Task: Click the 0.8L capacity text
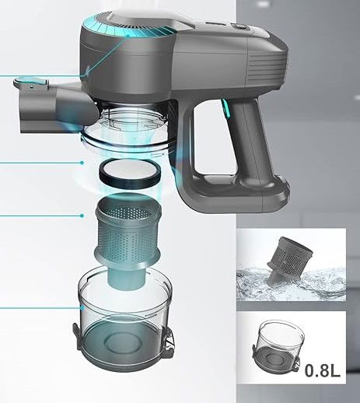[x=322, y=370]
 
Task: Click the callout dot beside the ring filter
[x=82, y=163]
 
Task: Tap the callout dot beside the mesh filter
[x=82, y=216]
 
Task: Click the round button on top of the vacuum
[x=238, y=26]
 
